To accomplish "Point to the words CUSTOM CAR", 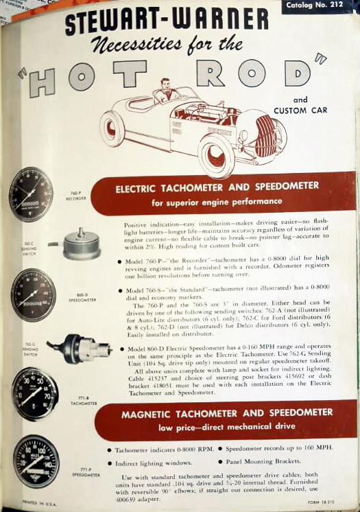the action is pyautogui.click(x=300, y=110).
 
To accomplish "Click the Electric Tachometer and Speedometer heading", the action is pyautogui.click(x=216, y=186).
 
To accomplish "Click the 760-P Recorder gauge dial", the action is pyautogui.click(x=31, y=194).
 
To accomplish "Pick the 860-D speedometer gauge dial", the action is pyautogui.click(x=32, y=294).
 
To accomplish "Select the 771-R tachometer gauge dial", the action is pyautogui.click(x=34, y=393).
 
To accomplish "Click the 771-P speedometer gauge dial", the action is pyautogui.click(x=36, y=461).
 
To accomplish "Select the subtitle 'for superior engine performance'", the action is pyautogui.click(x=217, y=202).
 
